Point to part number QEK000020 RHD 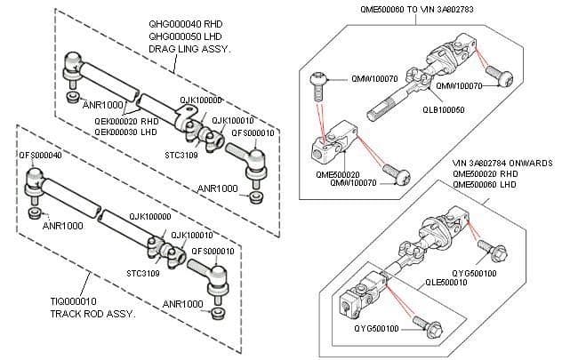click(x=126, y=122)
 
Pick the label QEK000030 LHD click(x=126, y=132)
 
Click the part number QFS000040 click(x=40, y=155)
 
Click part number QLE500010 click(x=446, y=282)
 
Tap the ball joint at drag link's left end click(x=73, y=64)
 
